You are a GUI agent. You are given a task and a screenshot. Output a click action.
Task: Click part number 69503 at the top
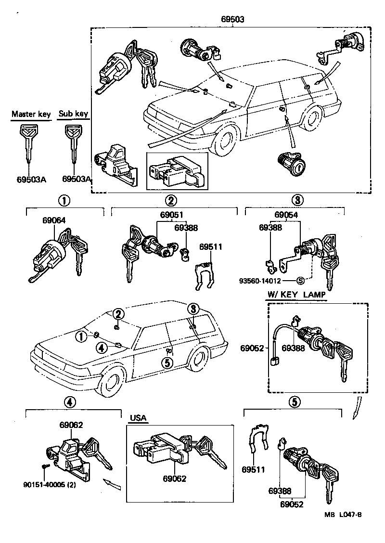[233, 20]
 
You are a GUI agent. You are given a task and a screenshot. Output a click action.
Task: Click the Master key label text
[31, 114]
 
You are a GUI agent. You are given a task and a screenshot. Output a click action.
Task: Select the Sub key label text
[73, 114]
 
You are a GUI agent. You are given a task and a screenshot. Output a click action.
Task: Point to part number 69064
[54, 220]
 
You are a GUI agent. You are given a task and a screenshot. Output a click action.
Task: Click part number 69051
[171, 215]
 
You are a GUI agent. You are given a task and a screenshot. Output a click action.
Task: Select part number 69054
[286, 215]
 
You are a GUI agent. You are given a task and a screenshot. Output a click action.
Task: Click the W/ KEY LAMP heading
[296, 295]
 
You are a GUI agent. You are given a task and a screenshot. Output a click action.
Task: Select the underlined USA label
[138, 417]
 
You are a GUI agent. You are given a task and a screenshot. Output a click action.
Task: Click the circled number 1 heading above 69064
[64, 201]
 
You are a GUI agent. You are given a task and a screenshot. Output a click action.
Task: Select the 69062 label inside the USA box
[174, 479]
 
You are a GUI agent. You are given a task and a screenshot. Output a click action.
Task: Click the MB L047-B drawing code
[343, 514]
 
